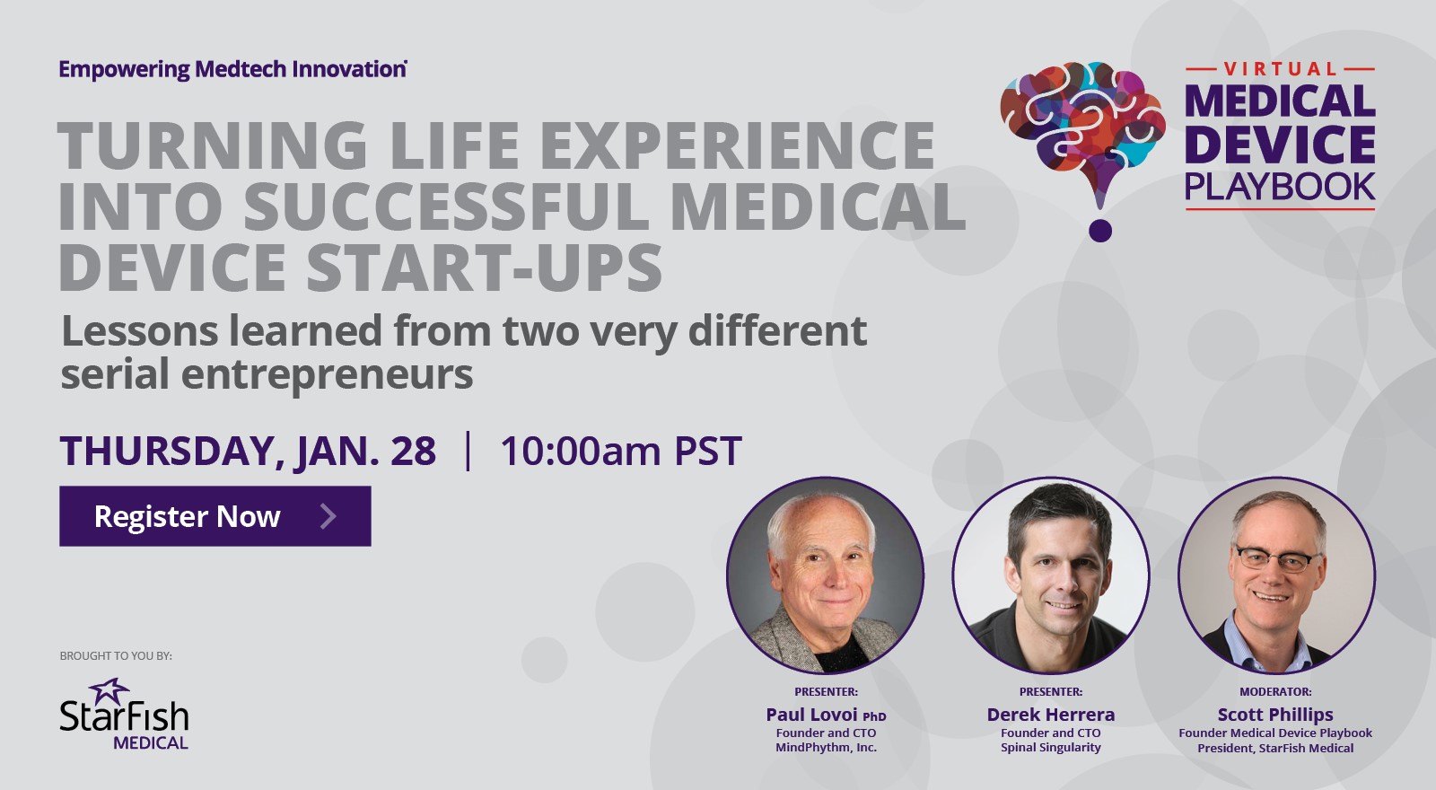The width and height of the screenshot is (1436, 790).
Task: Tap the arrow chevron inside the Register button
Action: [328, 516]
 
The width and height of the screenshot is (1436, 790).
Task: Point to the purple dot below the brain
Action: [1099, 231]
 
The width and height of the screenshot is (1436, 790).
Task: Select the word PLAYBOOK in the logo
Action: [1280, 187]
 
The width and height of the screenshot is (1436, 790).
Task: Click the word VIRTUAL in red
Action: [1280, 69]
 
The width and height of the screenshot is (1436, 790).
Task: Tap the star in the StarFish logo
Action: [109, 691]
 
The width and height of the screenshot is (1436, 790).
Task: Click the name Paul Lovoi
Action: [812, 715]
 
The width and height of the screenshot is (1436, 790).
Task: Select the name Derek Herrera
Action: [1050, 715]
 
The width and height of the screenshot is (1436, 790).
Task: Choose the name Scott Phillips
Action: [1274, 715]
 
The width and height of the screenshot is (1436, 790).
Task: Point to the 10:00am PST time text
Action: [620, 451]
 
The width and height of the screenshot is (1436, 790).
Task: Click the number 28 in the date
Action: [413, 451]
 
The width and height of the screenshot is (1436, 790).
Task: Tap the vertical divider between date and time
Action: [468, 451]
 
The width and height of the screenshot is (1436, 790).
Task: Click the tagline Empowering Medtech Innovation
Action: [232, 69]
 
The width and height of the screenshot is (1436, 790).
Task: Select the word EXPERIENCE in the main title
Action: [736, 145]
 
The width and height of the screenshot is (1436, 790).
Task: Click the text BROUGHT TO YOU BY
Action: [116, 656]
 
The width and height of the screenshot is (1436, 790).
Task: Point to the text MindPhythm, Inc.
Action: [826, 748]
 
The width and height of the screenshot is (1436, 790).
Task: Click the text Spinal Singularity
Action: [1050, 748]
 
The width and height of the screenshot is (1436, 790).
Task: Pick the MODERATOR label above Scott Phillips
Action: [1274, 692]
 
